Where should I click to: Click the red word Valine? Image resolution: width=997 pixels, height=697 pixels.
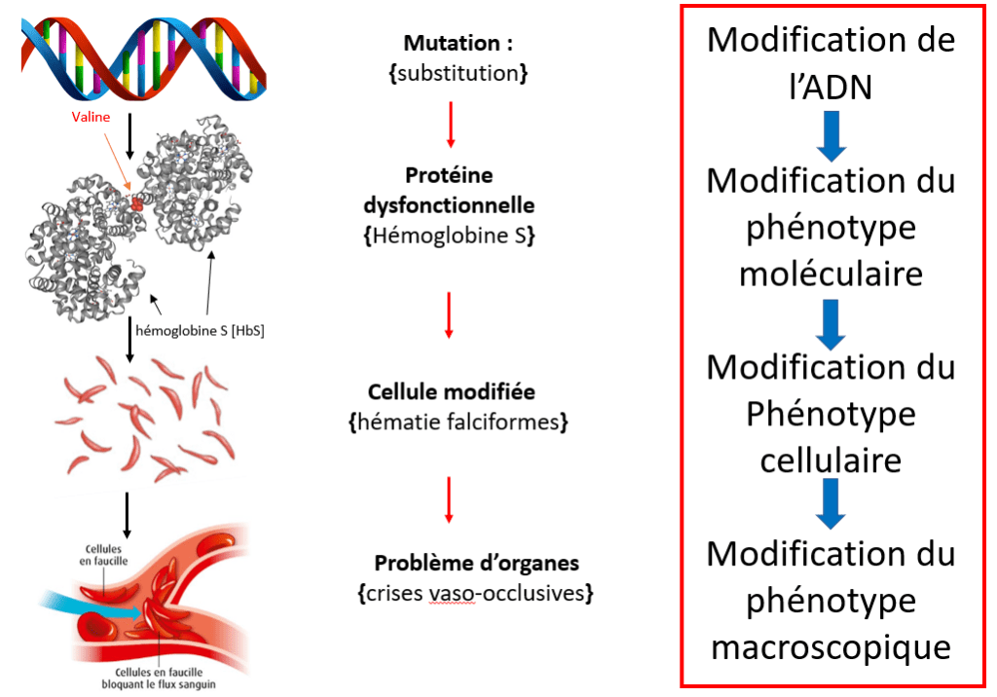(92, 117)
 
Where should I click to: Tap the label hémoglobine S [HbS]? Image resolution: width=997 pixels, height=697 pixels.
(200, 330)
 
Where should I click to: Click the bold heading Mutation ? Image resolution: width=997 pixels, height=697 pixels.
(458, 44)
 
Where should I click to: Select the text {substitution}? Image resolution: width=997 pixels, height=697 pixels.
(458, 72)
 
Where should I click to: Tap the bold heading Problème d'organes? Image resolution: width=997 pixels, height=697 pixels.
(476, 563)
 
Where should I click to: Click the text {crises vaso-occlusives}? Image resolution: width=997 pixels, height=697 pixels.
(476, 592)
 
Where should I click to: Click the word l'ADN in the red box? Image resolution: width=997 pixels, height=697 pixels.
(831, 88)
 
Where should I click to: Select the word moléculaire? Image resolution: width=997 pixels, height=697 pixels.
(831, 275)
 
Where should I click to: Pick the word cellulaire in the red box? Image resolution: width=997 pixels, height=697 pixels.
(831, 459)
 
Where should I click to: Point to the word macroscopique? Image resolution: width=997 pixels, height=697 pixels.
(831, 646)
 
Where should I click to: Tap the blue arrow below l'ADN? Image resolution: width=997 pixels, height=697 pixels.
(831, 135)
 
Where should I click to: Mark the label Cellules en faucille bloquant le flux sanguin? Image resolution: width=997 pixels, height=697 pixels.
(165, 678)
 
